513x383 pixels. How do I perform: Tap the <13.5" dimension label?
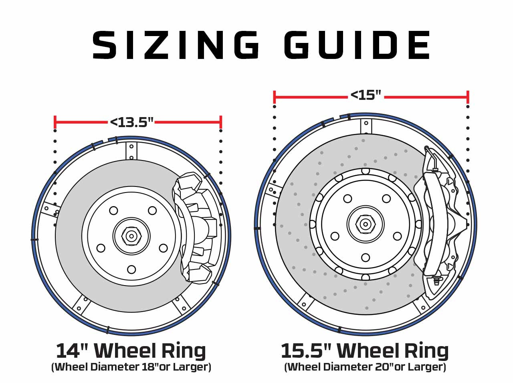click(x=132, y=122)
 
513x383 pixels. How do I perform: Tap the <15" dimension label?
click(x=366, y=95)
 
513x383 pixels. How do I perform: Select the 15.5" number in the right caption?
click(x=307, y=351)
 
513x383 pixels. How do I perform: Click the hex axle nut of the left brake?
click(x=131, y=236)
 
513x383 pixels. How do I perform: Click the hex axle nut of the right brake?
click(x=366, y=225)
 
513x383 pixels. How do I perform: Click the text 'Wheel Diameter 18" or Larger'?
click(x=131, y=367)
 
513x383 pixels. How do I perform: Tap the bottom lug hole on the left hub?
click(x=131, y=270)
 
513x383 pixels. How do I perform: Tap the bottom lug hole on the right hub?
click(x=366, y=257)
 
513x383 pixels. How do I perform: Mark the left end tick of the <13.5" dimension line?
click(x=55, y=122)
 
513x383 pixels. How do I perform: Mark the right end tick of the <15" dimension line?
click(x=468, y=97)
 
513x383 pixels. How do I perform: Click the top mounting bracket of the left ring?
click(x=131, y=151)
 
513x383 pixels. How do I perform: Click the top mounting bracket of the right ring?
click(x=366, y=127)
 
